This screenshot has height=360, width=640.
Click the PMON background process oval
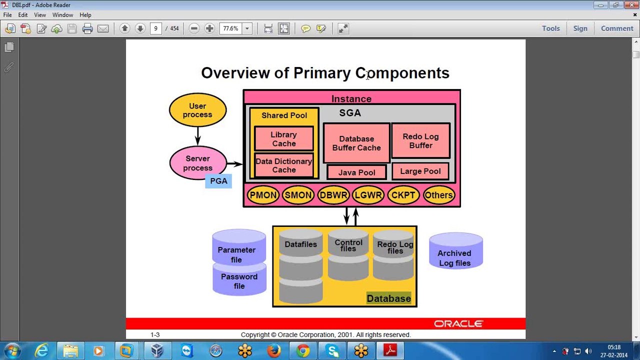263,195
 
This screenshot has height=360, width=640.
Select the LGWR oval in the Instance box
368,195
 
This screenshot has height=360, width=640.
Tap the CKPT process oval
403,195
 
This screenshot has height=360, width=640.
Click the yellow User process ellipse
197,110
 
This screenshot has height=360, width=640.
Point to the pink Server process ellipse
197,163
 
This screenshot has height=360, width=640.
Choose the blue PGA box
218,181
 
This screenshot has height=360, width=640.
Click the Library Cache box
283,139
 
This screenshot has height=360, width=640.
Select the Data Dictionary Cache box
283,165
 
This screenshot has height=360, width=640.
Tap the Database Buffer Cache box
356,143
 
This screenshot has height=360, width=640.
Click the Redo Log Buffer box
420,140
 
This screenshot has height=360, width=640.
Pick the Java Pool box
356,172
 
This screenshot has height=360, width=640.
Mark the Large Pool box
420,171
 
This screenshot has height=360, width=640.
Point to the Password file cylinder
239,281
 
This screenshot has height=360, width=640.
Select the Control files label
348,245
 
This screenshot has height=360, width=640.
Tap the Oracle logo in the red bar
458,324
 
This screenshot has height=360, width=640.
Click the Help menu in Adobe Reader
85,15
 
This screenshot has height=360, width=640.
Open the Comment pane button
617,28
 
